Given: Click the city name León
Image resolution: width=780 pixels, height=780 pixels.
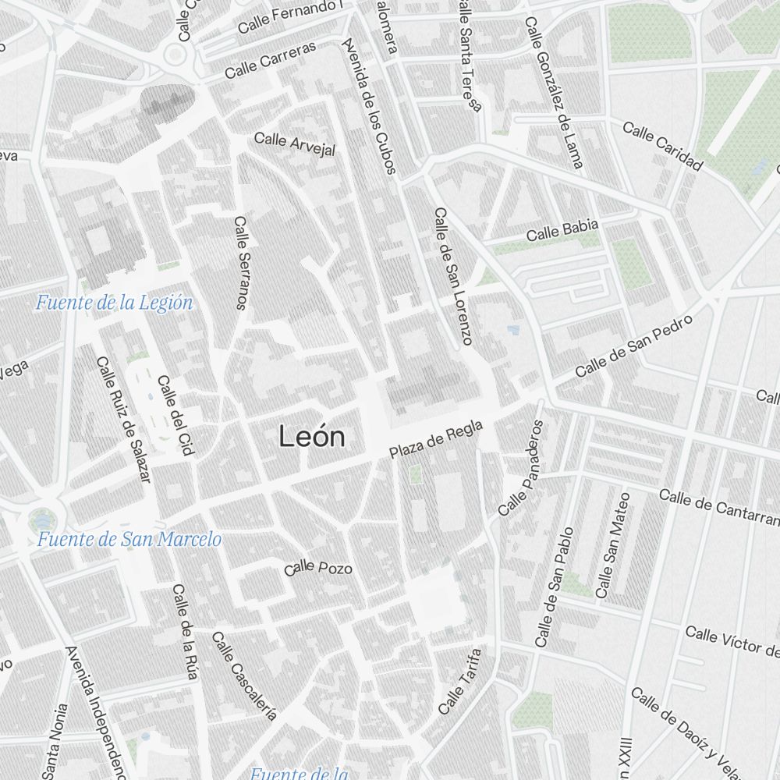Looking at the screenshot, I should coord(312,438).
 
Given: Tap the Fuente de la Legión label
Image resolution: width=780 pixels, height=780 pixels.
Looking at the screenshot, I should coord(114,303).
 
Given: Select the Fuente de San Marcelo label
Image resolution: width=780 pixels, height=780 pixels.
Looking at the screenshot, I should coord(129,539).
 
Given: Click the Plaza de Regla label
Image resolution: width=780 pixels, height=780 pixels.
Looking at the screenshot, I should coord(437,439).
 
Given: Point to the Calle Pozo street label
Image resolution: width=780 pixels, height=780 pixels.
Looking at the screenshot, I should coord(318,569).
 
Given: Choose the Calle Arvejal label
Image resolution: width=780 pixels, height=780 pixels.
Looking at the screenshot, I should coord(295,144).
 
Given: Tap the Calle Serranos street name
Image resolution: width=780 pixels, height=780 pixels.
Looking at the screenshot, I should coord(241,263).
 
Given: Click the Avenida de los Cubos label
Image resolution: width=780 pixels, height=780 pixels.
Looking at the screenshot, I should coord(370,105).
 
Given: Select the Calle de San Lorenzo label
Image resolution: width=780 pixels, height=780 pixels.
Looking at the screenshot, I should coord(453,276).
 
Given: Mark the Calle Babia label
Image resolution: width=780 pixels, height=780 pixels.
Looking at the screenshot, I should coord(562,230).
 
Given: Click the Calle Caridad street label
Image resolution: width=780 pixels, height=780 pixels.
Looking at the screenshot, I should coord(663,146).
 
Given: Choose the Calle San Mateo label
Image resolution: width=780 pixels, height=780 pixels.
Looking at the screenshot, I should coord(612,546).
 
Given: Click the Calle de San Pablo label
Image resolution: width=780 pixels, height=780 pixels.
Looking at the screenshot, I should coord(555,587).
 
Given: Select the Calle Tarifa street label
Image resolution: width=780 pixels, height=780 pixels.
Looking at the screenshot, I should coord(459,681).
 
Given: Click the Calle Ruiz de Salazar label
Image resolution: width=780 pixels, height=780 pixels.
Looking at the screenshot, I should coord(122,420).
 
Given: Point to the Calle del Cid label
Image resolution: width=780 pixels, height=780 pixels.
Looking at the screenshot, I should coord(175,415).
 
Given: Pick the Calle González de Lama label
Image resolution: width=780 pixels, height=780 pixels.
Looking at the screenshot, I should coord(554,93).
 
